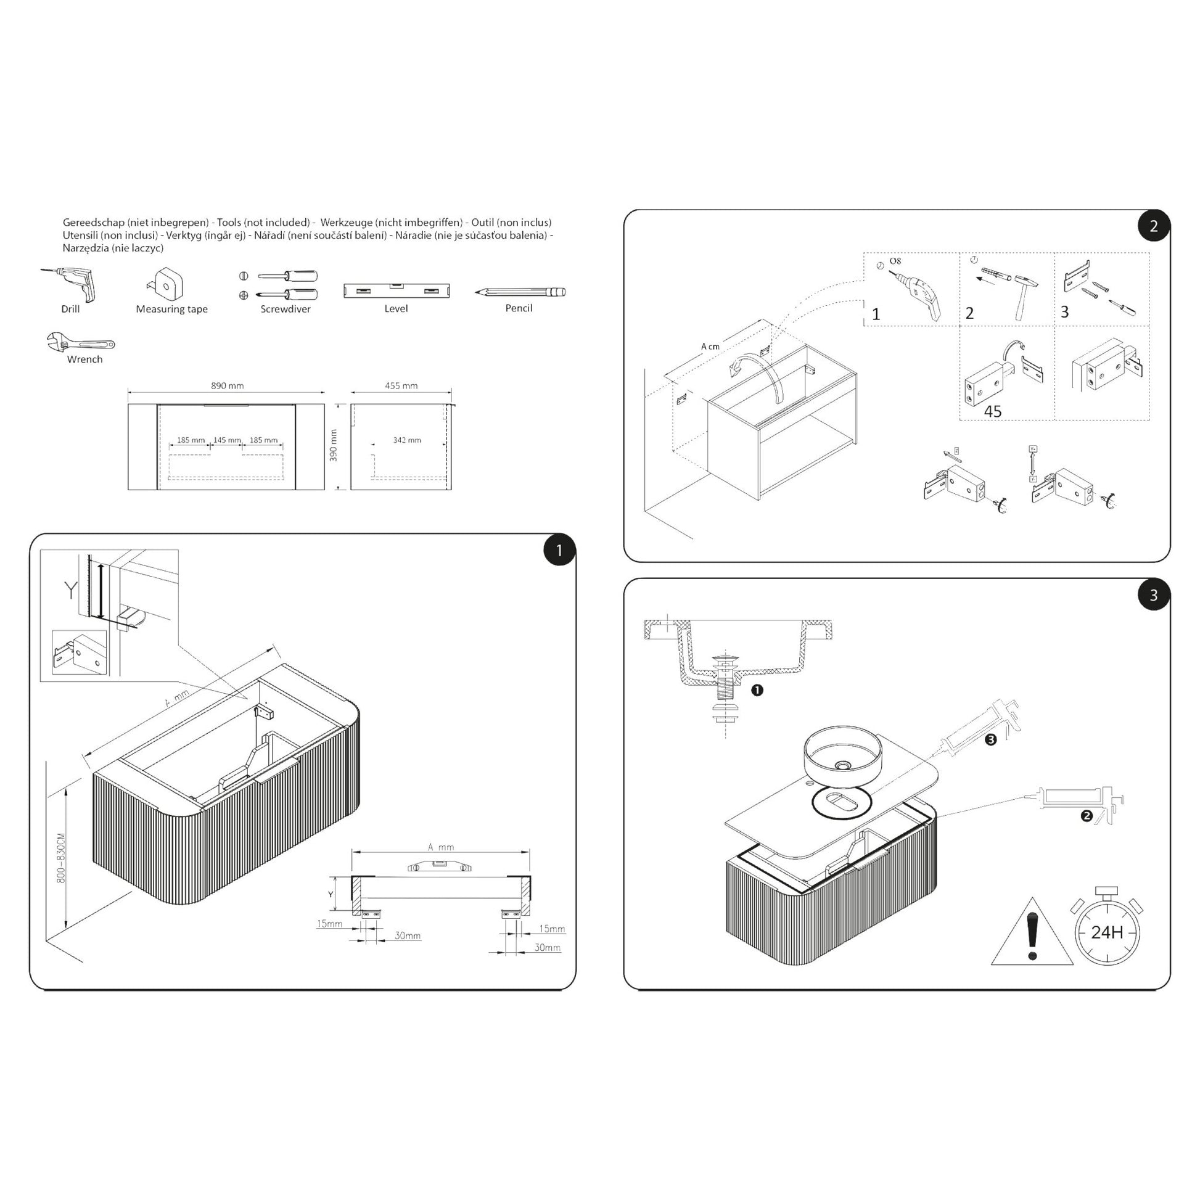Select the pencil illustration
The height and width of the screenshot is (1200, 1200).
[x=520, y=291]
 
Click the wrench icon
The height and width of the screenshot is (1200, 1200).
[x=81, y=342]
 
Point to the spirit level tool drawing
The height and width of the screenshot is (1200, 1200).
[x=396, y=290]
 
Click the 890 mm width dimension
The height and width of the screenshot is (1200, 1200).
[x=227, y=386]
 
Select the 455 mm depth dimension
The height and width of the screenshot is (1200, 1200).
[x=401, y=386]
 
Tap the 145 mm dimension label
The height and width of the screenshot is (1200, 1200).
[x=227, y=440]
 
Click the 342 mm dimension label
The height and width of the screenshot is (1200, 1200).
[x=407, y=440]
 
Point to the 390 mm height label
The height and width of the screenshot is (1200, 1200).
[x=334, y=445]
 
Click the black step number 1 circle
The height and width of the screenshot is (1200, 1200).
[x=559, y=550]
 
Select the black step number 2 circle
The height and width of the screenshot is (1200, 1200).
[x=1153, y=226]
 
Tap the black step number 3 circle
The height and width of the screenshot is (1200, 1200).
[x=1153, y=595]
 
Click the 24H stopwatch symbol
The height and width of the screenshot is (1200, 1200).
[x=1107, y=932]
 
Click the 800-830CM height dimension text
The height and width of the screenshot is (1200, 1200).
[x=61, y=858]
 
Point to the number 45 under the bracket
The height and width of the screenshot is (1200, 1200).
[x=993, y=411]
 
